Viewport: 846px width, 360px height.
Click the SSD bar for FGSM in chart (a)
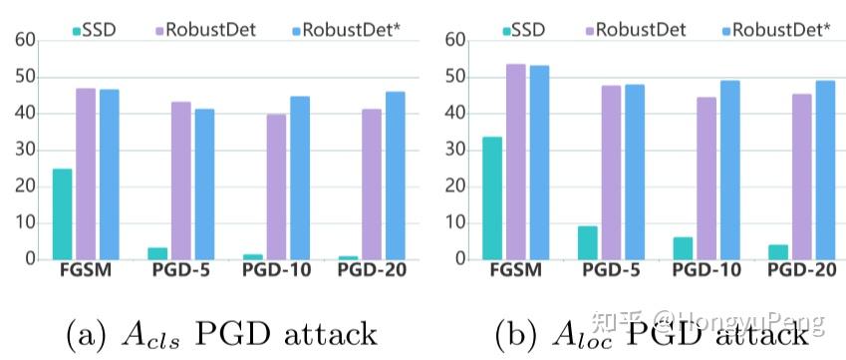(62, 214)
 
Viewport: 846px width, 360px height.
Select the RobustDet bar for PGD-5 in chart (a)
(180, 180)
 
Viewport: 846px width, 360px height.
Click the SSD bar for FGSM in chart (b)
(492, 198)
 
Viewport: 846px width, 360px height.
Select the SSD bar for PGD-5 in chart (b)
(587, 242)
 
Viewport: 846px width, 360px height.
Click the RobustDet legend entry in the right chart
(639, 29)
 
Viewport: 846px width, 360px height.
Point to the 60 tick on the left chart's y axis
(25, 41)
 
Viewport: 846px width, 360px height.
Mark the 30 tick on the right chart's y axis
(455, 150)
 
